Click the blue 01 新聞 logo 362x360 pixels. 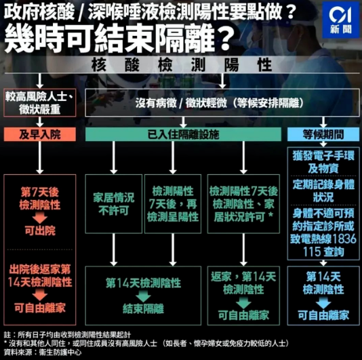coord(341,20)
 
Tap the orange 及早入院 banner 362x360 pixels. coord(40,134)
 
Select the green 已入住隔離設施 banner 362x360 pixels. coord(183,134)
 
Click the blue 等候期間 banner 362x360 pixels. coord(323,134)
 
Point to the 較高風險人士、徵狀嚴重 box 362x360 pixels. coord(40,102)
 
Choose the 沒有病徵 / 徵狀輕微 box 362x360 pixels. coord(222,102)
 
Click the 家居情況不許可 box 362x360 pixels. coord(114,203)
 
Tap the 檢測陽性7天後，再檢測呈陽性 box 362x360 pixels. coord(173,203)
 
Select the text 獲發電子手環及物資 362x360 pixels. coord(323,162)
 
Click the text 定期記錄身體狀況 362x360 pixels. coord(323,191)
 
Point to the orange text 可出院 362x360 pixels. coord(40,231)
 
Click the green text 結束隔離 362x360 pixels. coord(143,308)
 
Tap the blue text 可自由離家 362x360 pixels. coord(323,315)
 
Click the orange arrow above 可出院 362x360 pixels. coord(40,218)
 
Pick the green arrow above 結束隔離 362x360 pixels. coord(143,296)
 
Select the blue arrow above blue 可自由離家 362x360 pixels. coord(323,302)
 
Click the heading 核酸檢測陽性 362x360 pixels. coord(182,65)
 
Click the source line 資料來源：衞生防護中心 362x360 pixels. coord(43,353)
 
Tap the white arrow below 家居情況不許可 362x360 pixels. coord(114,249)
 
